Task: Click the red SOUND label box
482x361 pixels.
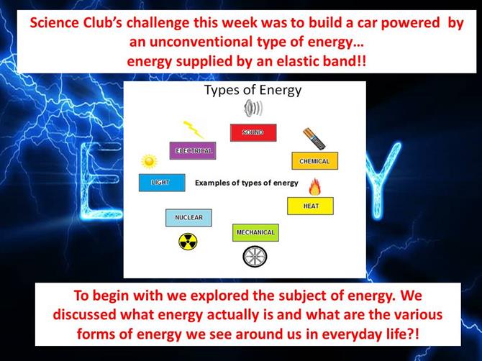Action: tap(253, 132)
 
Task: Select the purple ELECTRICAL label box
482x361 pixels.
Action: tap(193, 150)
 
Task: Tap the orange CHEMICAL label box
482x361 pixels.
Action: tap(315, 160)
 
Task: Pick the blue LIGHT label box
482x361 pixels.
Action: tap(162, 183)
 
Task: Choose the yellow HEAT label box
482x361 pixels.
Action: tap(311, 206)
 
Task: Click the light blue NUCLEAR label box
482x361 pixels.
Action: tap(188, 217)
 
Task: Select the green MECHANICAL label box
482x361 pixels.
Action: tap(255, 232)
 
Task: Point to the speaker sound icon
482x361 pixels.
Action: tap(253, 109)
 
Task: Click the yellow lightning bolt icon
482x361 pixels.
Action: tap(193, 129)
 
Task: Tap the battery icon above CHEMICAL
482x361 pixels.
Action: tap(314, 139)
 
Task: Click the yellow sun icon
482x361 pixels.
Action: tap(150, 161)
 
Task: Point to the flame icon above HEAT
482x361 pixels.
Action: tap(315, 187)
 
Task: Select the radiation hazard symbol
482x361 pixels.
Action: tap(188, 241)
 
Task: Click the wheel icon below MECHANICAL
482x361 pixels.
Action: tap(255, 257)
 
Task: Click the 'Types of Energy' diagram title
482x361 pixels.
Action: tap(253, 91)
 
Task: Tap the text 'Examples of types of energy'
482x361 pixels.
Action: tap(247, 183)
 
